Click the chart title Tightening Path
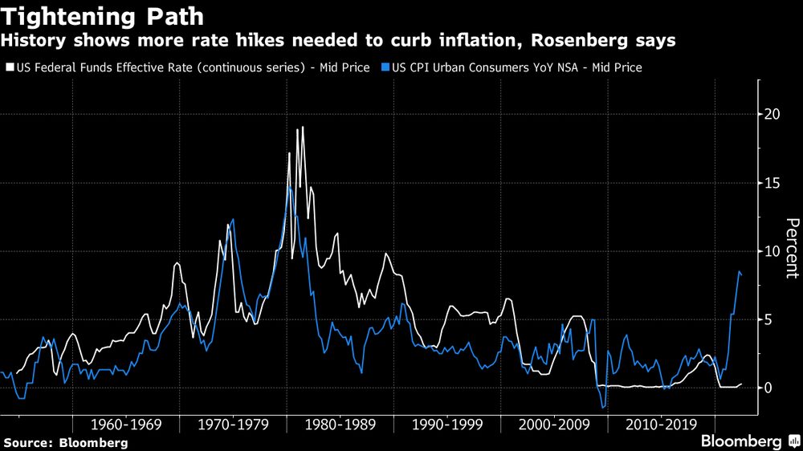tap(104, 17)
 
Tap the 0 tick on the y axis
tap(769, 388)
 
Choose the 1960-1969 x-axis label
tap(125, 424)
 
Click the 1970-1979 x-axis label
tap(233, 424)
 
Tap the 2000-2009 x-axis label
tap(553, 424)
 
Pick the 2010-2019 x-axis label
tap(659, 424)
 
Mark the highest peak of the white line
tap(302, 127)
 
